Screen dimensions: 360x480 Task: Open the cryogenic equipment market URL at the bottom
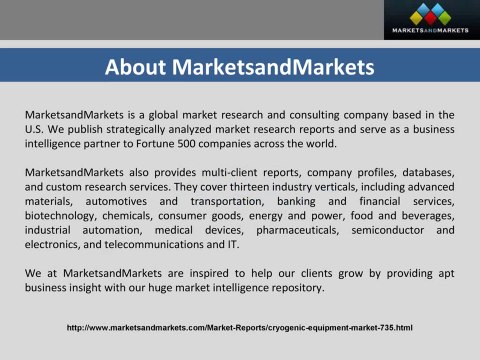point(240,327)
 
